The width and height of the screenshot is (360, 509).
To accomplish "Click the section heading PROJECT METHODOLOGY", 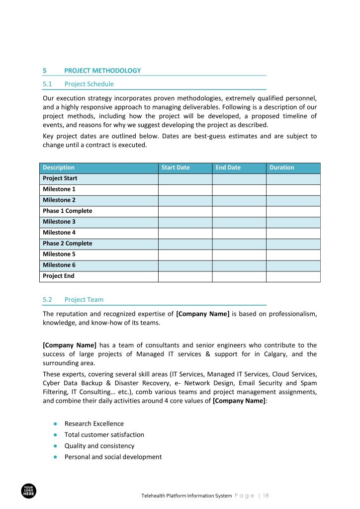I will pyautogui.click(x=102, y=71).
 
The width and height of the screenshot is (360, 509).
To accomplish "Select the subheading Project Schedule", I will pyautogui.click(x=89, y=84).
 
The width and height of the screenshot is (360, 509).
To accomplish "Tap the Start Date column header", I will pyautogui.click(x=176, y=168).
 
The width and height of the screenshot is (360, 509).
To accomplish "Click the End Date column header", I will pyautogui.click(x=228, y=168).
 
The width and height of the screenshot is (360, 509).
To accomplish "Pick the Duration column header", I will pyautogui.click(x=281, y=168).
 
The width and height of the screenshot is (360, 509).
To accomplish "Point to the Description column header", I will pyautogui.click(x=59, y=168).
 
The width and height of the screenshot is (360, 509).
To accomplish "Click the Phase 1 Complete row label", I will pyautogui.click(x=67, y=211).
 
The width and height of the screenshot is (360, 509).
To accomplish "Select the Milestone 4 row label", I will pyautogui.click(x=59, y=233).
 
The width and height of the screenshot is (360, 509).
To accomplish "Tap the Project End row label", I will pyautogui.click(x=59, y=276).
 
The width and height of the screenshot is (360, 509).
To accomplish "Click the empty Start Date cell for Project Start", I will pyautogui.click(x=185, y=178).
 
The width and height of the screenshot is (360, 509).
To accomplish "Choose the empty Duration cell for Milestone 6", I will pyautogui.click(x=293, y=265).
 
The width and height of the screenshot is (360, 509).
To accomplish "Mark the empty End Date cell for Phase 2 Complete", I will pyautogui.click(x=239, y=244).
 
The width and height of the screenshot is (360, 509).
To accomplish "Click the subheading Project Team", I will pyautogui.click(x=84, y=300).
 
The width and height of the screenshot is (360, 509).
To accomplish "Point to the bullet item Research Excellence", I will pyautogui.click(x=94, y=424).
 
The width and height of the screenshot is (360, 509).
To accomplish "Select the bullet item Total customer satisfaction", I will pyautogui.click(x=104, y=435).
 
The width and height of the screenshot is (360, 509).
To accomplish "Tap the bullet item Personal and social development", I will pyautogui.click(x=113, y=457).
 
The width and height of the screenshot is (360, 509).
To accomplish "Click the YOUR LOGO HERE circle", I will pyautogui.click(x=29, y=491).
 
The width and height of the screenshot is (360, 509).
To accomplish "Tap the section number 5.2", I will pyautogui.click(x=48, y=300).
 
